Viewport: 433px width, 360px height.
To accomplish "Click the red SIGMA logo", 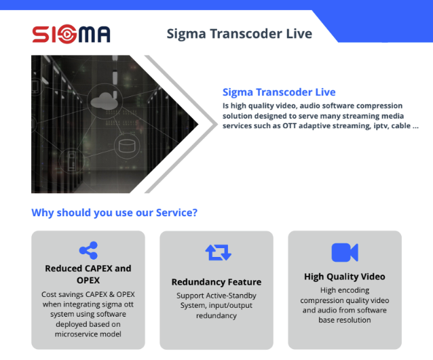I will (71, 33).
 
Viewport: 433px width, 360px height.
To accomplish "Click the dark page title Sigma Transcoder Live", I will (240, 34).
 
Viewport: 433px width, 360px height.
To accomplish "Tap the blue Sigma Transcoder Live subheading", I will (279, 92).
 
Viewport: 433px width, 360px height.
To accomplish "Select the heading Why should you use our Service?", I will (115, 213).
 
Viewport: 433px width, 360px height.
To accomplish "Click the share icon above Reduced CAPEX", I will (88, 251).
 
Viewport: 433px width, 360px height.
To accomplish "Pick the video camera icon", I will (345, 252).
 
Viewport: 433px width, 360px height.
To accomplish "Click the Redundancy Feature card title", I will (216, 282).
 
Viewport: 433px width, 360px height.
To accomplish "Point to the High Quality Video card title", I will (345, 277).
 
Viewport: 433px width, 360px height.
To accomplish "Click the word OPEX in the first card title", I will (88, 280).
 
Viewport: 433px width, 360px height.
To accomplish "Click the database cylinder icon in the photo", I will (125, 145).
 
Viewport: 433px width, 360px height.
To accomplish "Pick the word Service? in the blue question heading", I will (177, 213).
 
